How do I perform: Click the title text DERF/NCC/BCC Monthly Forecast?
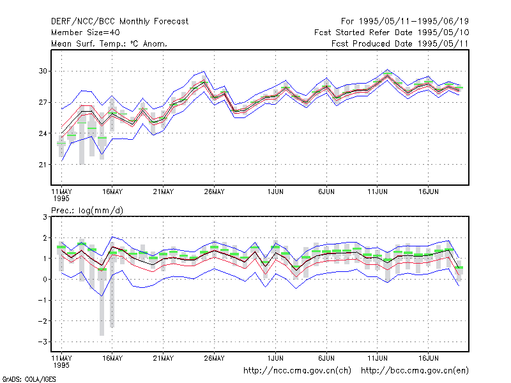point(119,22)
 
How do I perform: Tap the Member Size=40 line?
point(86,33)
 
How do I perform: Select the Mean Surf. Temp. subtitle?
point(109,43)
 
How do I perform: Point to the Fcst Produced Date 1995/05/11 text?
point(400,43)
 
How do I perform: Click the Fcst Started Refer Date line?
point(392,33)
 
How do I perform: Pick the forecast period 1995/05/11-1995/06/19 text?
point(405,22)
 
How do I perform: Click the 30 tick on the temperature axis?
point(43,71)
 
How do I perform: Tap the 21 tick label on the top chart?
point(43,165)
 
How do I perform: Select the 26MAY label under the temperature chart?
point(214,192)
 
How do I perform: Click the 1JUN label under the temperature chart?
point(275,192)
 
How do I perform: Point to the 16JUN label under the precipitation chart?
point(428,358)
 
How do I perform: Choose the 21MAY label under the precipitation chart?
point(164,358)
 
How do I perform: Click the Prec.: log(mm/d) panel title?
point(87,211)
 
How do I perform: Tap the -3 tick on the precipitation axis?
point(42,342)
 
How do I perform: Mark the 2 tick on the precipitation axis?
point(45,238)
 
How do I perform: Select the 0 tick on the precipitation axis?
point(45,280)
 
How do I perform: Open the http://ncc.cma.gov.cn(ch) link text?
point(297,371)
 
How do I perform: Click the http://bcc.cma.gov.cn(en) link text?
point(415,371)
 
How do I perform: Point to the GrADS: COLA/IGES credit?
point(29,379)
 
